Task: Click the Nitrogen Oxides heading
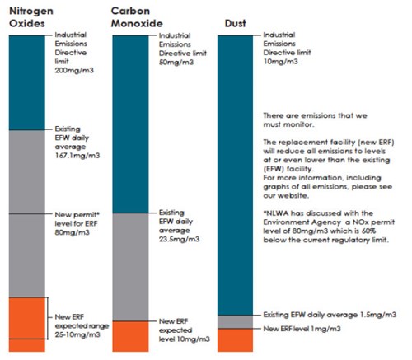31,17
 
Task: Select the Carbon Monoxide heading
137,17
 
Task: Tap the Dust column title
235,23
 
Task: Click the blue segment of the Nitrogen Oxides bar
27,82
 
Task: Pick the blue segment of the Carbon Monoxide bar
130,124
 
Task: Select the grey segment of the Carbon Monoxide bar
130,267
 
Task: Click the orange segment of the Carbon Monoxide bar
130,336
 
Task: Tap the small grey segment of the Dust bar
235,322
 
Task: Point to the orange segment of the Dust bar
235,340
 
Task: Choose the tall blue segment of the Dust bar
235,175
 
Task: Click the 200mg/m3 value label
74,70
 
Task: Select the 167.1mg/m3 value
77,156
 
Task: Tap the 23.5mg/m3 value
179,239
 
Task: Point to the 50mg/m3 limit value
176,62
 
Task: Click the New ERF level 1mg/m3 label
302,329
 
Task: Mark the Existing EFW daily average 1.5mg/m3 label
330,315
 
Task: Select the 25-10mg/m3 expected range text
77,334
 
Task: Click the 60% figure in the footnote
368,231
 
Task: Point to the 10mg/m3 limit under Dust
280,61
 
